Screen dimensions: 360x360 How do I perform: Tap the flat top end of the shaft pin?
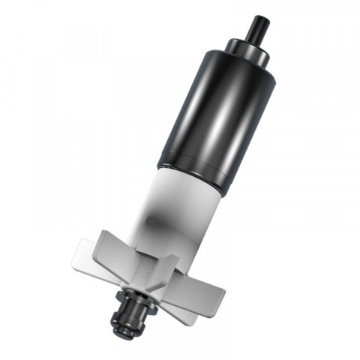[262, 18]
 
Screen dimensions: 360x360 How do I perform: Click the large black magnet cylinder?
[214, 112]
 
